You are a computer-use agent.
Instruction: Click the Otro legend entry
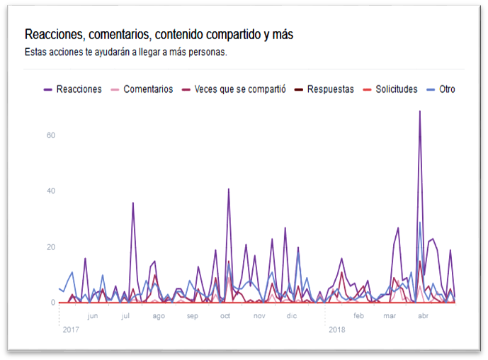point(446,89)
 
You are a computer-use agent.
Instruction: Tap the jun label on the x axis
point(93,316)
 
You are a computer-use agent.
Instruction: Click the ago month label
point(159,316)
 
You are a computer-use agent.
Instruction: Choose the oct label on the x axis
point(225,316)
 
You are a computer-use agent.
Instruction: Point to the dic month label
point(292,316)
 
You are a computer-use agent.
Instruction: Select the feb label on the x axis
point(359,316)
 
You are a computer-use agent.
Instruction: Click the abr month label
point(423,316)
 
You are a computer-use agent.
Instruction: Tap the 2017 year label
point(71,330)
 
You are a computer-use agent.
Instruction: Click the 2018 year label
point(336,330)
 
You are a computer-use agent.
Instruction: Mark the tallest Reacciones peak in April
point(420,111)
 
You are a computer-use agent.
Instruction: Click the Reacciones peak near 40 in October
point(228,189)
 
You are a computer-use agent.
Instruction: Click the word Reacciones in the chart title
point(54,34)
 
